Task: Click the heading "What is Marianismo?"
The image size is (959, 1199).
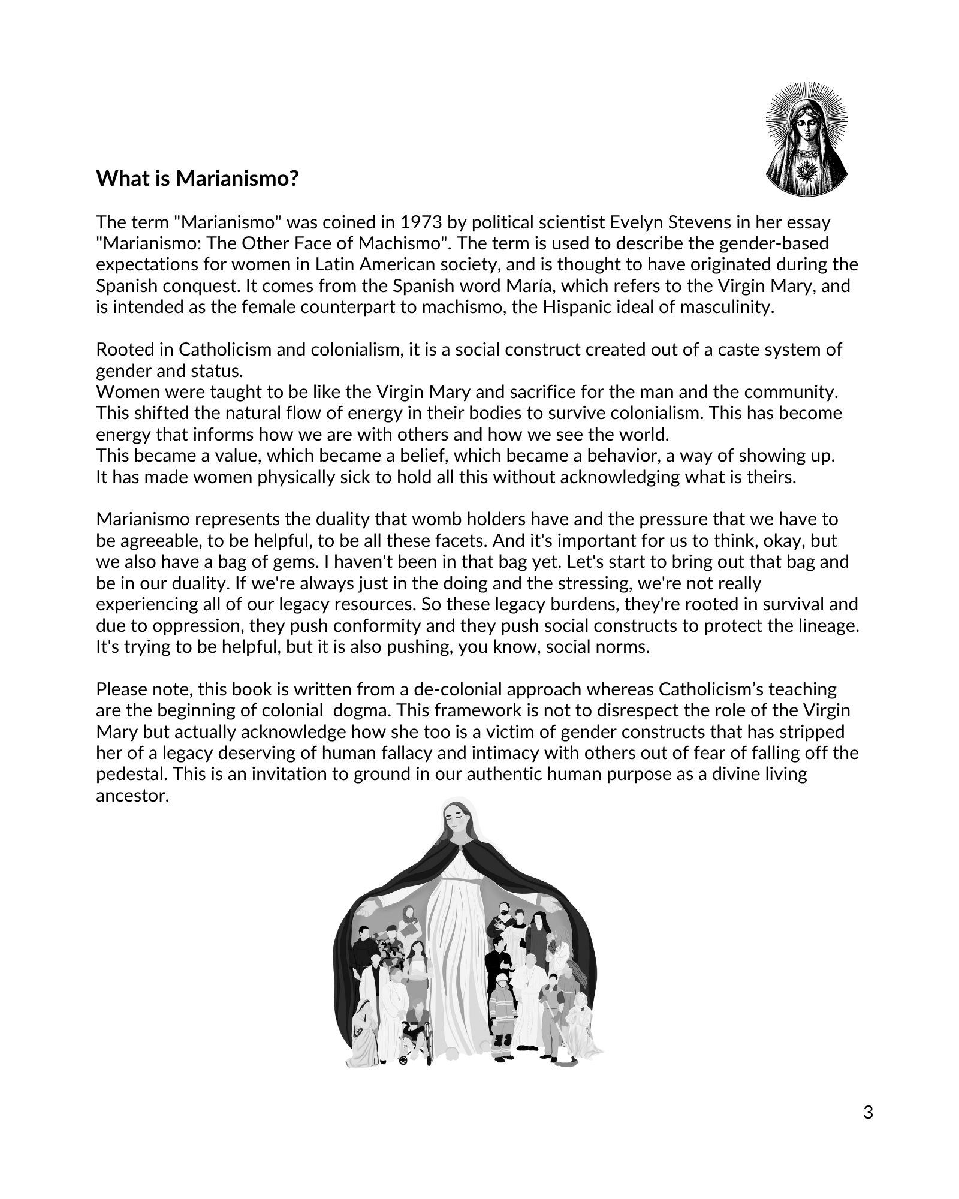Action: click(x=197, y=179)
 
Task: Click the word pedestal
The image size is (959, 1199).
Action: click(x=131, y=774)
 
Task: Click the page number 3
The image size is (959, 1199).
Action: click(x=868, y=1113)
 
